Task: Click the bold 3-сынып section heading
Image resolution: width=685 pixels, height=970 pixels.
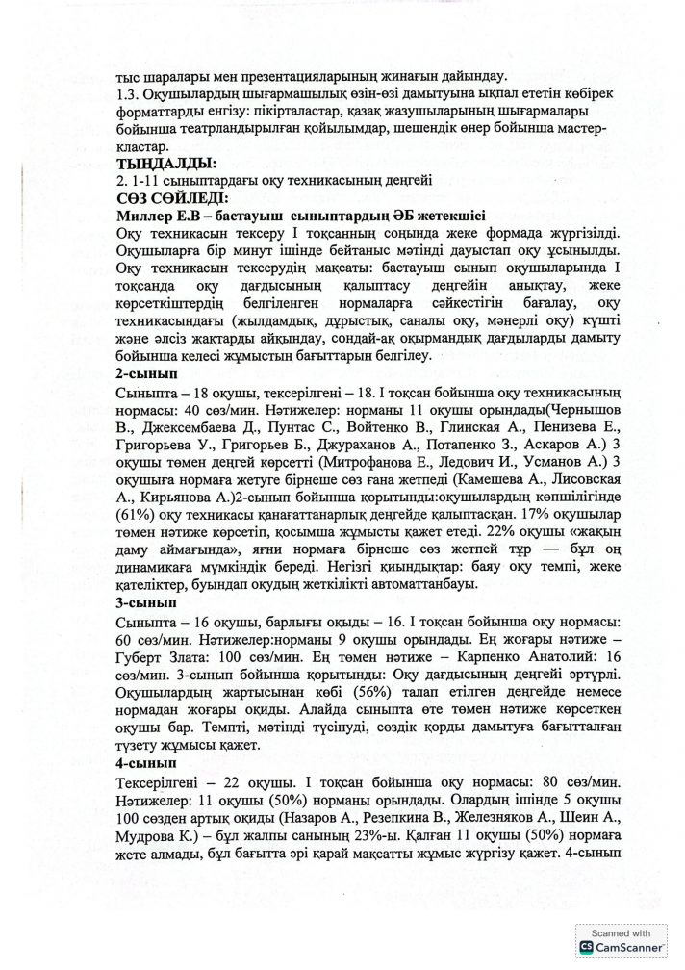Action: coord(143,602)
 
